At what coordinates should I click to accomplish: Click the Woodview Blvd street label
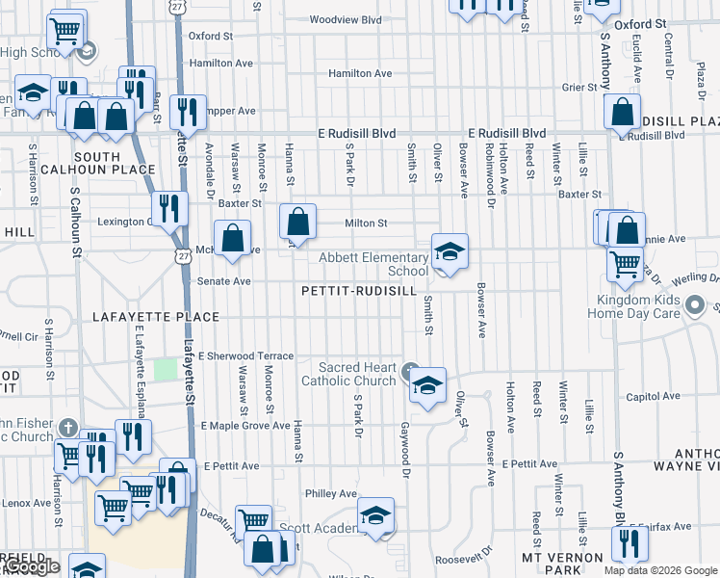point(347,19)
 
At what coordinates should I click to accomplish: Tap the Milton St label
point(367,223)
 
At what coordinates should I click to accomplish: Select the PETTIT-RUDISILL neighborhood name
point(358,291)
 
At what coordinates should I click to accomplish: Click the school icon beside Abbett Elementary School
point(449,252)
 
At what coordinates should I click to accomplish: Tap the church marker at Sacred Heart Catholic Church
point(411,370)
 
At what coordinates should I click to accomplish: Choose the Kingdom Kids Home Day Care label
point(633,307)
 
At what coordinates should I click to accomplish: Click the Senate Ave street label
point(223,281)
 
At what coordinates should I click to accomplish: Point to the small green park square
point(166,369)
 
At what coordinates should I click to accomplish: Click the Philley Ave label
point(330,494)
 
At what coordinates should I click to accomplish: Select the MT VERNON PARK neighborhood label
point(561,558)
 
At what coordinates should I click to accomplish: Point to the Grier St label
point(580,87)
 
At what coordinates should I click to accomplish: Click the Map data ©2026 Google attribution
point(660,570)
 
